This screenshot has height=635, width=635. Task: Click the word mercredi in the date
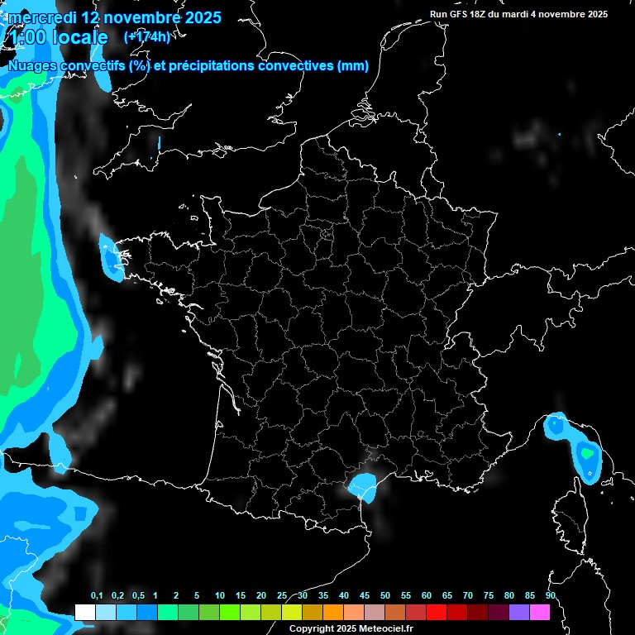point(42,17)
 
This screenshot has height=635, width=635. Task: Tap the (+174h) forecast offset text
point(146,36)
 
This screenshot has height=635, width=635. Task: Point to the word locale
point(79,38)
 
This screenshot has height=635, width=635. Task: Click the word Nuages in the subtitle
point(31,66)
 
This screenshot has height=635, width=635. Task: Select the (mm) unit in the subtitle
point(353,66)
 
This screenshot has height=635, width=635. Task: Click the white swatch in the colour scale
point(84,612)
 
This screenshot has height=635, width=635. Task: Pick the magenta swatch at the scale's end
point(540,612)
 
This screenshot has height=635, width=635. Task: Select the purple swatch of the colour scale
point(519,612)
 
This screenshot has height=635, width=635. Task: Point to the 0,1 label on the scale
point(97,596)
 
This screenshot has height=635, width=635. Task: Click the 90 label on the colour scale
point(551,596)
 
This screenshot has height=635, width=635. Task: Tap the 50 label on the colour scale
point(385,596)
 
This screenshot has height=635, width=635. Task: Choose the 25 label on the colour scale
point(282,596)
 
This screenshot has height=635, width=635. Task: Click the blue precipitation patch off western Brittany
point(110,256)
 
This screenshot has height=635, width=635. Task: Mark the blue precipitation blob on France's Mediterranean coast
point(363,485)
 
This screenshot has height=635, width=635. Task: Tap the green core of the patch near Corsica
point(588,453)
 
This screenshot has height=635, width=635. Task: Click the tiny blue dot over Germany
point(559,134)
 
